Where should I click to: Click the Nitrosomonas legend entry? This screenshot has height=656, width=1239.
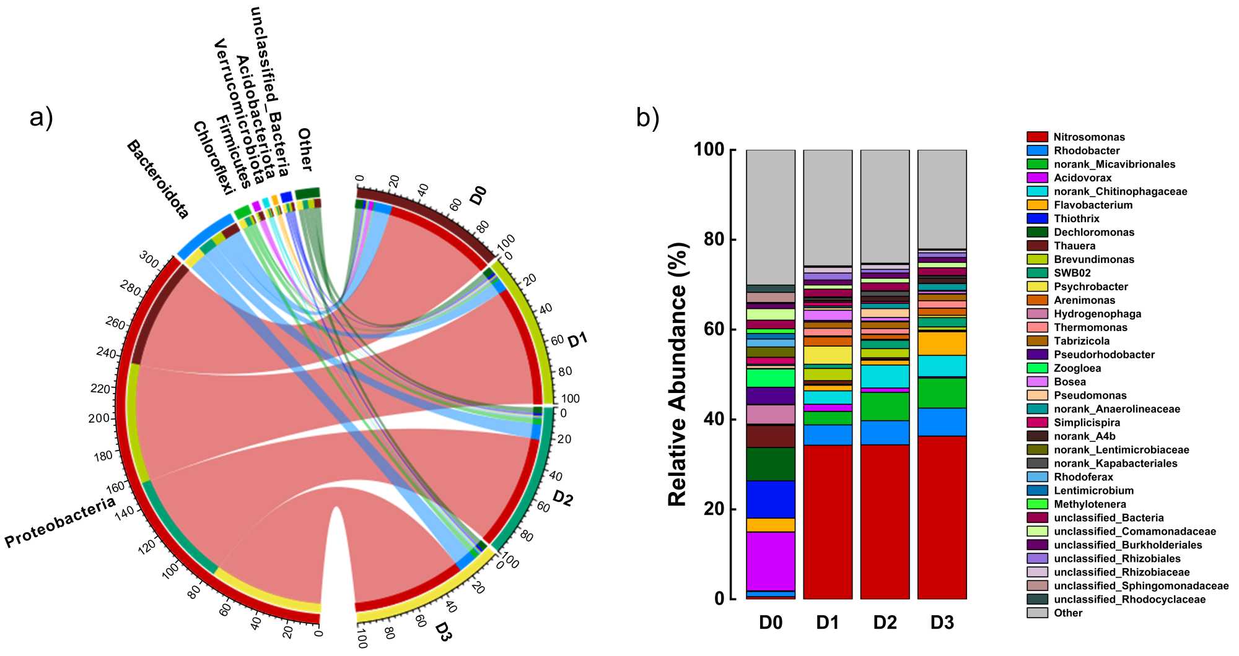(x=1088, y=137)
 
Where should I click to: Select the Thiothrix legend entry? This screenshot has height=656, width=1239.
(x=1076, y=218)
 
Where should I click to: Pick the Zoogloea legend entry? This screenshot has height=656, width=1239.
(x=1077, y=368)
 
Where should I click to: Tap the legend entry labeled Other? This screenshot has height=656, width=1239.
(x=1068, y=613)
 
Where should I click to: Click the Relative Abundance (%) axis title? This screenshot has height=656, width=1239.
(x=678, y=374)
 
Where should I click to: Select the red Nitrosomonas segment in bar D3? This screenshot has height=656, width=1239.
(x=942, y=517)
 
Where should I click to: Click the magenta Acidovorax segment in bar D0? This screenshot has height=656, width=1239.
(x=770, y=561)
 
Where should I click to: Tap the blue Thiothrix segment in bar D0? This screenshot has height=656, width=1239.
(x=770, y=499)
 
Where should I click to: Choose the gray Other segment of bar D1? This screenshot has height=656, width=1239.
(x=828, y=207)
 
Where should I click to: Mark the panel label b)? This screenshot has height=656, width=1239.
(x=647, y=118)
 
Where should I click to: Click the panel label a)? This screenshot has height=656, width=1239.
(x=42, y=117)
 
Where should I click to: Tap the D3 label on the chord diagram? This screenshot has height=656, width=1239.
(x=443, y=632)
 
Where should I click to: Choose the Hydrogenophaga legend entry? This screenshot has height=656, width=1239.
(x=1097, y=314)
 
